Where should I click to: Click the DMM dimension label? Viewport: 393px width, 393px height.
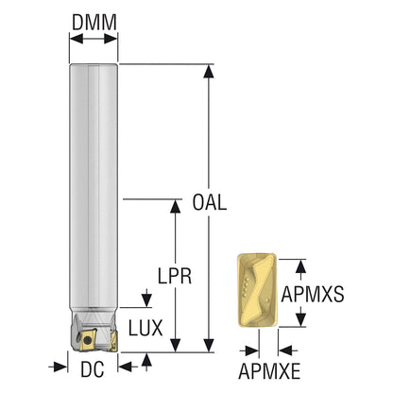[94, 22]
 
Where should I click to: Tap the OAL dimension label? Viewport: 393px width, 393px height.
[210, 202]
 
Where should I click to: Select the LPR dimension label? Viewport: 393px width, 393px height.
[175, 276]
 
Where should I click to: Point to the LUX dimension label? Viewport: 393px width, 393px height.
[145, 328]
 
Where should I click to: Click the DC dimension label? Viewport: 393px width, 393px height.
[93, 369]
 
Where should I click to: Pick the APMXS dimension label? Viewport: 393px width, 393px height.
[313, 294]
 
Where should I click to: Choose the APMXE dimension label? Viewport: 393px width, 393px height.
[269, 371]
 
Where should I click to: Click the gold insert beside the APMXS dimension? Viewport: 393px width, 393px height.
[257, 292]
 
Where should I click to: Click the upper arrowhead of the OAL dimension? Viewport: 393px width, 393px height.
[209, 71]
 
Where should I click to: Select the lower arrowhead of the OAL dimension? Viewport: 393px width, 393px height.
[209, 346]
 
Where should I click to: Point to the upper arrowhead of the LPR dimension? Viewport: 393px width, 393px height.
[176, 206]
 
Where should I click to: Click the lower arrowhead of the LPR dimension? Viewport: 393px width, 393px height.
[176, 346]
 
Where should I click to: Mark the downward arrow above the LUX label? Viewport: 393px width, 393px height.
[146, 298]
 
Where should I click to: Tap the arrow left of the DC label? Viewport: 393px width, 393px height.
[59, 367]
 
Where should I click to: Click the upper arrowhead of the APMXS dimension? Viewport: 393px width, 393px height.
[301, 266]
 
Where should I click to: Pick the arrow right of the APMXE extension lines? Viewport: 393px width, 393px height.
[288, 350]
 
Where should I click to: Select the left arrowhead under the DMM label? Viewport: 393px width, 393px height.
[77, 39]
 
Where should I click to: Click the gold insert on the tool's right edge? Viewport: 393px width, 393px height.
[113, 342]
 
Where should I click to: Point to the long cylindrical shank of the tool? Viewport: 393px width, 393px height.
[94, 186]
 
